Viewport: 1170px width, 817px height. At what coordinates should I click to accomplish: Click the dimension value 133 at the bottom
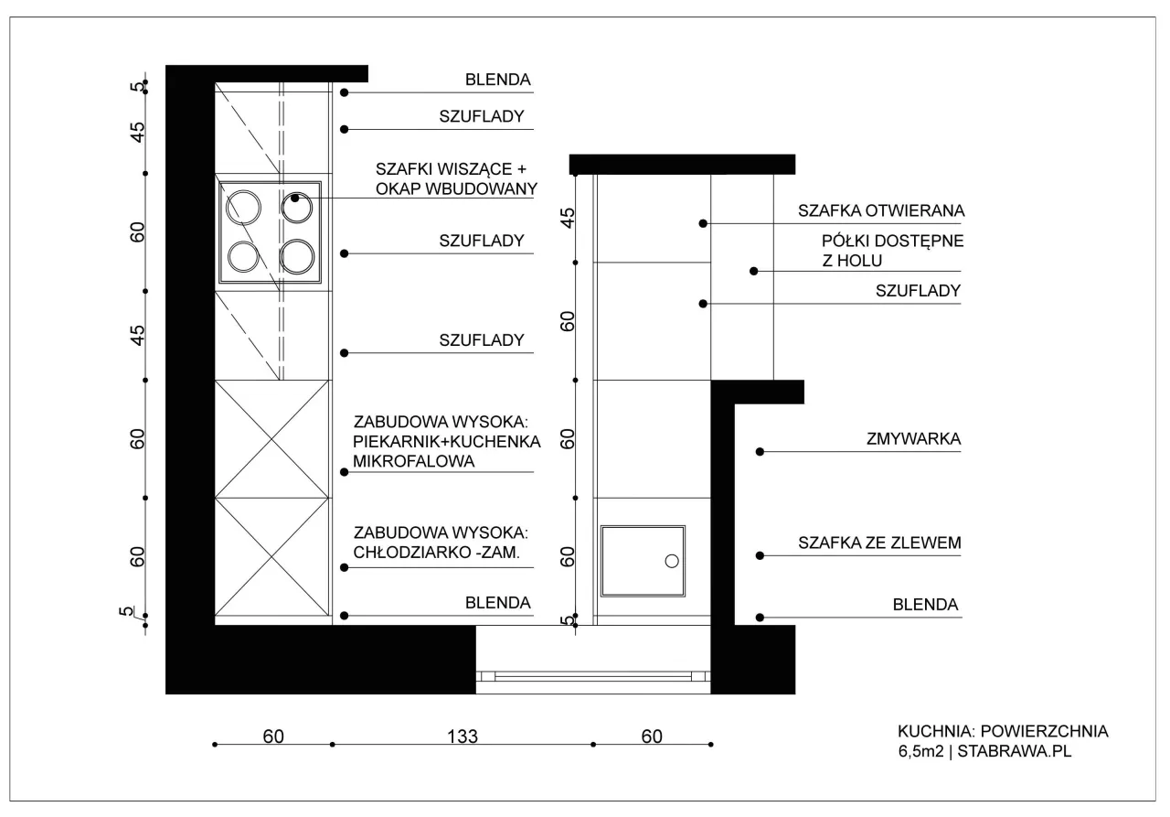[463, 736]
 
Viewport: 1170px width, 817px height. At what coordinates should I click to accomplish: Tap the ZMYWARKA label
[913, 438]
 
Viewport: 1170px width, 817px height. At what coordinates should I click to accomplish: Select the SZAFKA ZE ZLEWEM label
[879, 543]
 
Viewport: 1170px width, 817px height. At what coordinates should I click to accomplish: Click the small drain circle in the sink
[672, 561]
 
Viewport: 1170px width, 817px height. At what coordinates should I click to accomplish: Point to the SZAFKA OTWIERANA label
[881, 210]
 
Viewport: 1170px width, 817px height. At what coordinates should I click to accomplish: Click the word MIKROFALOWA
[414, 461]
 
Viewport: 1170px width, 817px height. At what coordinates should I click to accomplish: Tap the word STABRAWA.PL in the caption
[1015, 750]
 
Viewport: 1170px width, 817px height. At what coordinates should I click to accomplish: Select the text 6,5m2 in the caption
[921, 750]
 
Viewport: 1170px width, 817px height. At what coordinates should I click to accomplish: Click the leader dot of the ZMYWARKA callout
[760, 452]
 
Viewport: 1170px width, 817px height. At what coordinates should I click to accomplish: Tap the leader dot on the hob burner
[295, 199]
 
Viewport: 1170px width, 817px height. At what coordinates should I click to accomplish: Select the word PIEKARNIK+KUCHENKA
[447, 441]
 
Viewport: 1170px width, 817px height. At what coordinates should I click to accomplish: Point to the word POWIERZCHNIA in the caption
[1044, 731]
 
